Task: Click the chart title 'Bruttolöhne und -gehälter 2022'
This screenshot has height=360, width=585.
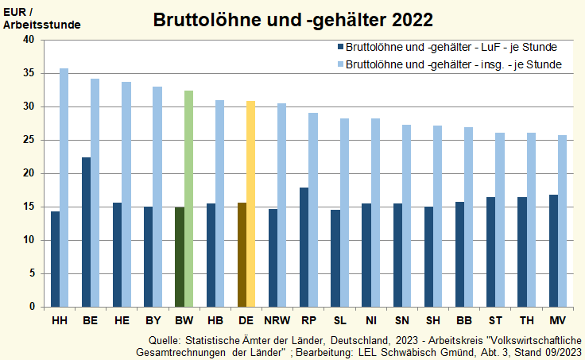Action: [x=292, y=19]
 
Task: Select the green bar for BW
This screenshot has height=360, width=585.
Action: [x=188, y=199]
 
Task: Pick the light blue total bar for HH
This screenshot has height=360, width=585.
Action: [x=64, y=188]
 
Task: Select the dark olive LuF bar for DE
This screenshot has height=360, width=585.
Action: [x=242, y=254]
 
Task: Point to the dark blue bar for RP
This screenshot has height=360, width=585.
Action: [x=304, y=247]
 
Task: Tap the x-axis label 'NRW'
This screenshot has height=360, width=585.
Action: [x=277, y=320]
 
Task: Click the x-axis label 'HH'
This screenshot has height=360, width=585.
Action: [x=60, y=320]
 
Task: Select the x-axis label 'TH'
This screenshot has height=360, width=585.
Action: [x=526, y=320]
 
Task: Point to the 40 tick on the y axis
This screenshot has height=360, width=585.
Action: [x=29, y=40]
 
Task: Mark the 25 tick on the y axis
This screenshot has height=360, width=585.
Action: [x=29, y=140]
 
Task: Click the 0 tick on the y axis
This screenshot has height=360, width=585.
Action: [x=32, y=307]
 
